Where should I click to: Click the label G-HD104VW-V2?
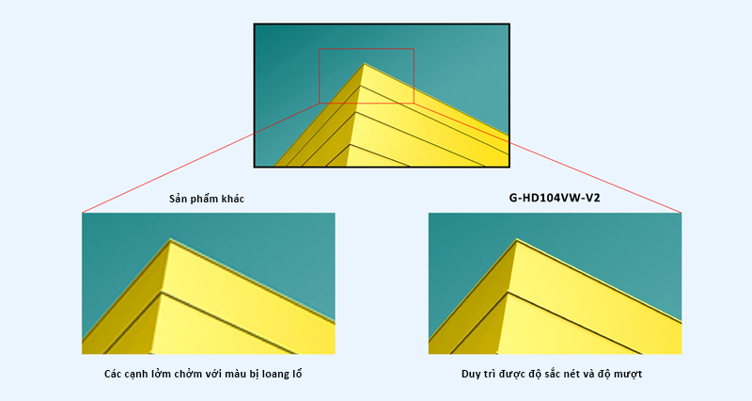pyautogui.click(x=555, y=198)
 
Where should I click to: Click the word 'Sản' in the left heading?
pyautogui.click(x=178, y=199)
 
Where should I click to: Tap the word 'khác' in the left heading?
pyautogui.click(x=232, y=199)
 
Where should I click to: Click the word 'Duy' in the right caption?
pyautogui.click(x=472, y=374)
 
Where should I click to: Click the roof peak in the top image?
pyautogui.click(x=364, y=63)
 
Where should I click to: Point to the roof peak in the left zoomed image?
pyautogui.click(x=170, y=239)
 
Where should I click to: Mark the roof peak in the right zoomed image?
pyautogui.click(x=516, y=239)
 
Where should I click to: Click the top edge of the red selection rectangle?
pyautogui.click(x=367, y=49)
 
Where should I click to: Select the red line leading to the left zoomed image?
pyautogui.click(x=201, y=157)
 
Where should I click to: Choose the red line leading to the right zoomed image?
pyautogui.click(x=547, y=157)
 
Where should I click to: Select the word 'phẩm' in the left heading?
pyautogui.click(x=204, y=200)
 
